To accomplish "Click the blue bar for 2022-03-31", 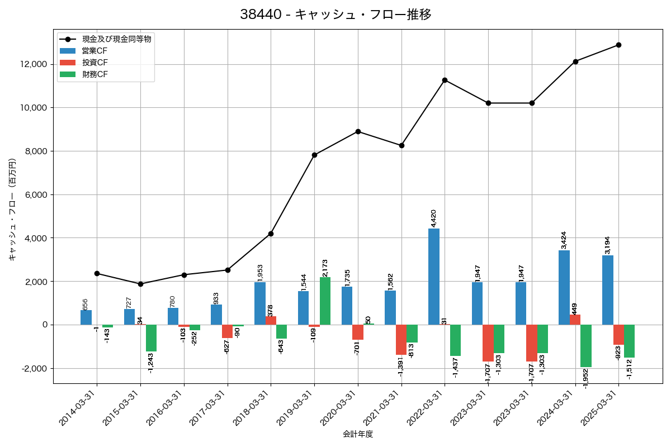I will click(x=434, y=277).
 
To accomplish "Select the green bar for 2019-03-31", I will click(x=325, y=301).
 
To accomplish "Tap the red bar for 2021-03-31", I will click(x=401, y=340).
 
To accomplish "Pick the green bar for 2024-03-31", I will click(x=586, y=346).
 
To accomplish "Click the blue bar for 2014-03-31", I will click(x=86, y=317).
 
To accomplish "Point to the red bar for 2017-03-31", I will click(x=227, y=331).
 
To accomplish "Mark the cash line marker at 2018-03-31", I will click(x=271, y=234).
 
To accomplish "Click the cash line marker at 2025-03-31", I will click(x=618, y=45).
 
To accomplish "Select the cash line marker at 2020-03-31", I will click(x=358, y=131).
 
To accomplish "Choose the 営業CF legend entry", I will click(x=94, y=50).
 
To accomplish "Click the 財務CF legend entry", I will click(x=94, y=74).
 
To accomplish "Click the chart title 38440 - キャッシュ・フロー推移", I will click(x=335, y=15).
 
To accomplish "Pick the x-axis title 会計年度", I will click(x=358, y=434).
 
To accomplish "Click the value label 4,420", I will click(x=433, y=218).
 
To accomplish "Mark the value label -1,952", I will click(x=586, y=378).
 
